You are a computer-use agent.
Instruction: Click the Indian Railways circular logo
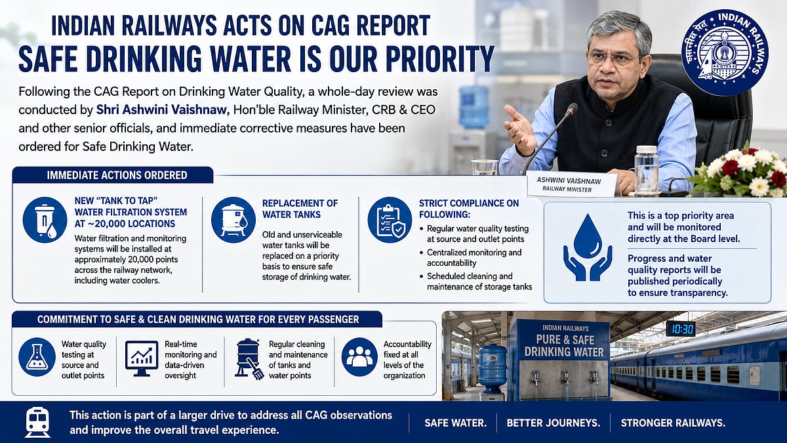click(x=725, y=53)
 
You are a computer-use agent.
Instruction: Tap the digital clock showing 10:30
click(x=681, y=329)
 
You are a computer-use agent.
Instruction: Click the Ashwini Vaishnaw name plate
click(x=571, y=185)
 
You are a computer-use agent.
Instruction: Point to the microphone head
click(x=571, y=110)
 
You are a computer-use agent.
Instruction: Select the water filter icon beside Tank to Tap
click(x=45, y=220)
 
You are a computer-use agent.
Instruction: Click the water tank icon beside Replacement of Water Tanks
click(x=233, y=220)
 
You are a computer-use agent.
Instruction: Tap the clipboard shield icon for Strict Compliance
click(x=390, y=220)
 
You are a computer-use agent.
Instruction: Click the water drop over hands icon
click(x=588, y=247)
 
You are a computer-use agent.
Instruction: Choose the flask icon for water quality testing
click(x=37, y=357)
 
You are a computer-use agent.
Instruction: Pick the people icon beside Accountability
click(x=359, y=357)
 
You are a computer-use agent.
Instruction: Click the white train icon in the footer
click(x=37, y=422)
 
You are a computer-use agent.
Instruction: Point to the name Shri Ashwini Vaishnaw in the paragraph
click(x=163, y=110)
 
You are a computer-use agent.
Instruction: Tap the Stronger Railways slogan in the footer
click(x=673, y=423)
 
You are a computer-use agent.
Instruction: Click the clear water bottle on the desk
click(x=646, y=170)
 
